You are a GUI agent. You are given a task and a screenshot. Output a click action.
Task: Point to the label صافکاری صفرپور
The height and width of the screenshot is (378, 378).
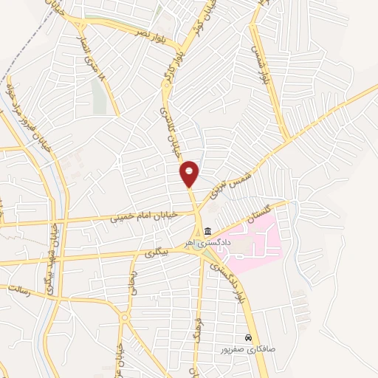point(247,346)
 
